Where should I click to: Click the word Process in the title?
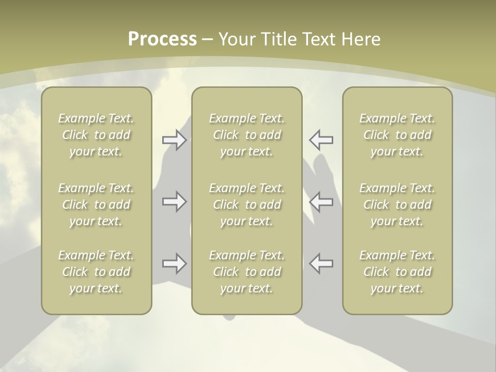click(162, 39)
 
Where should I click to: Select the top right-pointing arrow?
click(174, 139)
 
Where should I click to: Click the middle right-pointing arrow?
click(174, 202)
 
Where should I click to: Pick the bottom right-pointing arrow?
click(174, 263)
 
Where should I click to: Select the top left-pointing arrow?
click(321, 139)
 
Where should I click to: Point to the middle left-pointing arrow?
click(321, 202)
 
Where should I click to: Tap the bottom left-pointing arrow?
click(321, 263)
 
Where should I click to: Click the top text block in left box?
click(96, 135)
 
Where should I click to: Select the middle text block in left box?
click(96, 205)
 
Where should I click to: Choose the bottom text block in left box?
click(96, 272)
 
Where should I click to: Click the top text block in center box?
click(247, 135)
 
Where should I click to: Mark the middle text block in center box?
click(247, 205)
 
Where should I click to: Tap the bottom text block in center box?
click(247, 272)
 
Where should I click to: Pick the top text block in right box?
click(397, 135)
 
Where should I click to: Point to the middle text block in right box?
click(397, 205)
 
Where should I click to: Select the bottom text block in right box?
click(397, 272)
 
